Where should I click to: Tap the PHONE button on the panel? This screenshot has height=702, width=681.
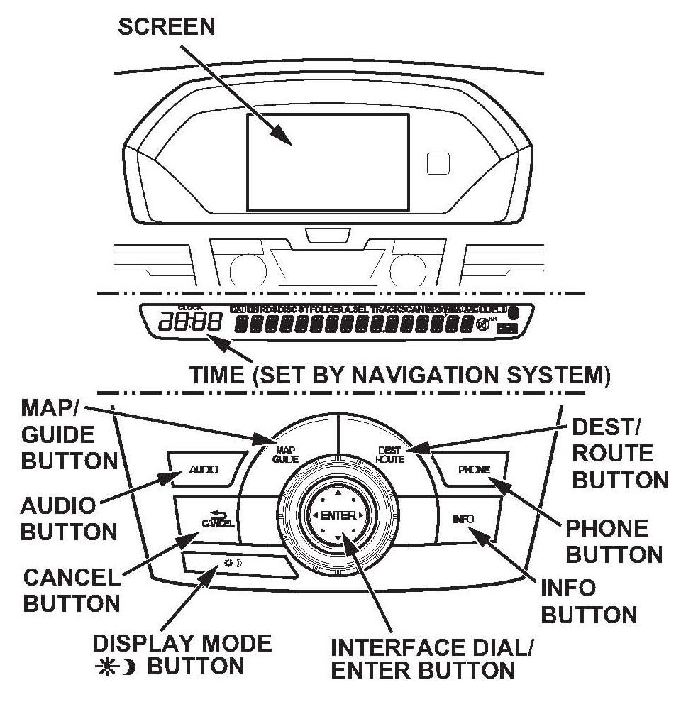click(472, 469)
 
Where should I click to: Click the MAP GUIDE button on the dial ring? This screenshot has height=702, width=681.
click(285, 455)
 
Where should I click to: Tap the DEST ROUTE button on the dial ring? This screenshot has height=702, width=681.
click(389, 455)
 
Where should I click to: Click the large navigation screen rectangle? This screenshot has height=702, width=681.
click(328, 162)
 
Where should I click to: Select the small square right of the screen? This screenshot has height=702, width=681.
click(438, 163)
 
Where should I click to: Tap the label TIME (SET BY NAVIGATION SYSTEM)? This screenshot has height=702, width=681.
click(399, 375)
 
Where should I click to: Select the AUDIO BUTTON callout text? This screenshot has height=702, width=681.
click(68, 520)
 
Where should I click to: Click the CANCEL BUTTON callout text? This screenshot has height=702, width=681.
click(70, 591)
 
